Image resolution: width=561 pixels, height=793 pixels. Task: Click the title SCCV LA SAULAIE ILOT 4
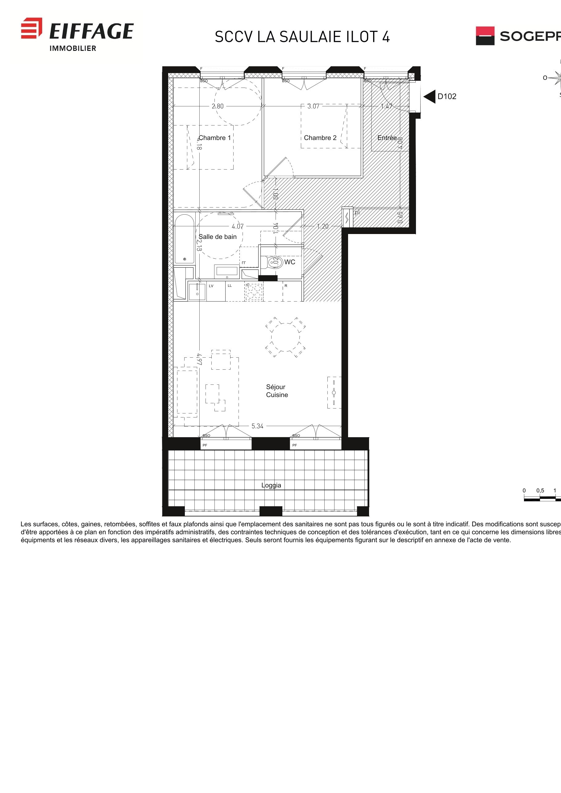pos(302,37)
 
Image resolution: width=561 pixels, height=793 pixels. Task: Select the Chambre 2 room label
pos(320,138)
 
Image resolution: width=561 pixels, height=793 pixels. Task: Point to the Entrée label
pos(387,138)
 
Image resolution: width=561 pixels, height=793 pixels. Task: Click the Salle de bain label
pos(218,236)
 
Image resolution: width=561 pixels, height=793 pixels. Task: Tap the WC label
pos(290,262)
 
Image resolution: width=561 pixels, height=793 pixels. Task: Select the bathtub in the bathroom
pos(184,239)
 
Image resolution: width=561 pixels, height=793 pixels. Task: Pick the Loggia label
pos(271,485)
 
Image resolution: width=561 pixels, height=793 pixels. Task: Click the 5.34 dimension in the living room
pos(257,426)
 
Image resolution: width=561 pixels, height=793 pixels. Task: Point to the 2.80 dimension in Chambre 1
pos(218,106)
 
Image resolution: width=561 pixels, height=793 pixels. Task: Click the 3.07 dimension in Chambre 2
pos(313,106)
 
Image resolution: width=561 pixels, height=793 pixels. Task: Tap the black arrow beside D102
pos(430,97)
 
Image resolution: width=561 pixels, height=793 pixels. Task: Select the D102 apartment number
pos(447,97)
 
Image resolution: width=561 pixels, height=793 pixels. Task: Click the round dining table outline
pos(285,337)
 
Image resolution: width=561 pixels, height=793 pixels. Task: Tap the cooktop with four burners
pos(254,292)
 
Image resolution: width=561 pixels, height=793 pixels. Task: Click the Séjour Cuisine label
pos(276,391)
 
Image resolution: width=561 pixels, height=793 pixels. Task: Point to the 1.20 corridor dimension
pos(322,226)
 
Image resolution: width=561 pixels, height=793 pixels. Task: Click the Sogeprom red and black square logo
pos(485,36)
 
